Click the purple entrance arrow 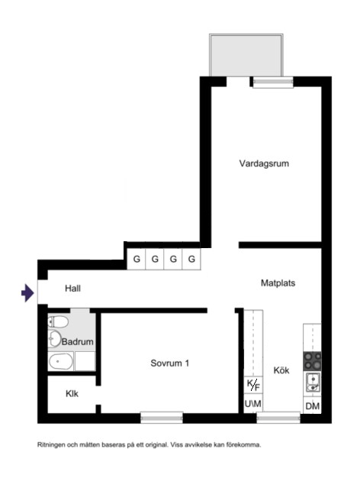coord(28,292)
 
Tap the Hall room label coord(72,289)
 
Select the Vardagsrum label coord(264,163)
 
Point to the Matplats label coord(278,282)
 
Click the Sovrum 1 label coord(169,363)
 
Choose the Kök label coord(281,370)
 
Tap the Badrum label coord(78,341)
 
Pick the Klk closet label coord(72,395)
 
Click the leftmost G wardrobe coord(136,260)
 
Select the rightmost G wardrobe coord(192,260)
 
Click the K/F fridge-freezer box coord(252,384)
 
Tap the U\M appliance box coord(252,404)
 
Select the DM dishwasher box coord(312,405)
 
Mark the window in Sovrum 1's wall coord(162,417)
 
